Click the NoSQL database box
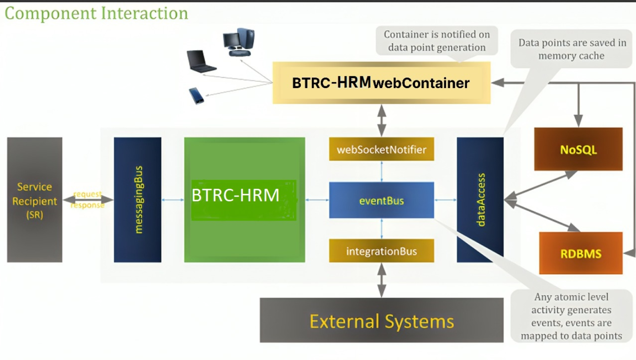(578, 149)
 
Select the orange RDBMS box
(581, 253)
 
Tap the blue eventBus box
(381, 200)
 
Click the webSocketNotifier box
(381, 149)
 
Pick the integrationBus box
(381, 251)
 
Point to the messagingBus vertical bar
(137, 200)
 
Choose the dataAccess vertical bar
(480, 200)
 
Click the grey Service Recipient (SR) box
(35, 200)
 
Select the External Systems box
(381, 320)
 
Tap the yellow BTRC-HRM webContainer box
(381, 83)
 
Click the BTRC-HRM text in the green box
(236, 195)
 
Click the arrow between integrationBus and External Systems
(382, 280)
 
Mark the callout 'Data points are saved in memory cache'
(571, 49)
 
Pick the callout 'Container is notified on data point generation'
(436, 41)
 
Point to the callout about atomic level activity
(571, 316)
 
